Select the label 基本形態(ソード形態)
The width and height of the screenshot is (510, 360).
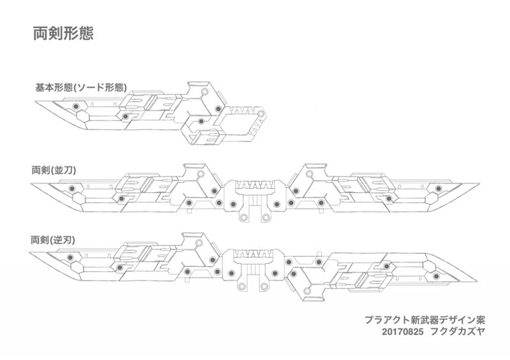click(81, 87)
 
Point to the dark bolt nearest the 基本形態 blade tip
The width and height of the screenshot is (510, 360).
click(75, 107)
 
